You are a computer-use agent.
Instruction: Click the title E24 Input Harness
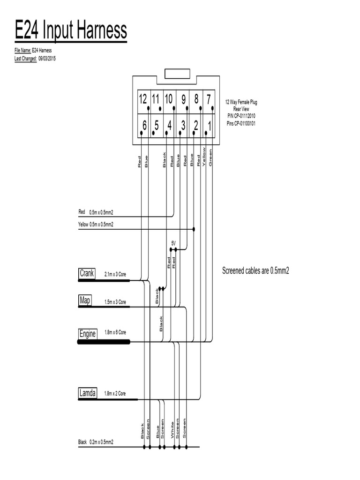pyautogui.click(x=71, y=31)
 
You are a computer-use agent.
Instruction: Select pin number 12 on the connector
pyautogui.click(x=143, y=99)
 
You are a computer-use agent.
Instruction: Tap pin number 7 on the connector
pyautogui.click(x=208, y=99)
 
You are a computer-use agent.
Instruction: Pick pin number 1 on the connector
pyautogui.click(x=209, y=126)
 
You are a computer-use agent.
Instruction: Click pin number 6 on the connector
pyautogui.click(x=144, y=126)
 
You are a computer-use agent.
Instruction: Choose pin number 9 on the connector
pyautogui.click(x=183, y=99)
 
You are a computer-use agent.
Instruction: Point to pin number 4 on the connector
pyautogui.click(x=170, y=126)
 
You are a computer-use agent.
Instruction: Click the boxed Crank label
pyautogui.click(x=87, y=273)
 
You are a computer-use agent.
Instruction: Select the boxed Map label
pyautogui.click(x=85, y=300)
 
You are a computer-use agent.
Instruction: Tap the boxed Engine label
pyautogui.click(x=88, y=334)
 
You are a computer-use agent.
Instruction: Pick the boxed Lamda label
pyautogui.click(x=88, y=394)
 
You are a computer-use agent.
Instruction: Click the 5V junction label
pyautogui.click(x=173, y=243)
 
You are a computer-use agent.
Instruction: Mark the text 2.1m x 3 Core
pyautogui.click(x=115, y=276)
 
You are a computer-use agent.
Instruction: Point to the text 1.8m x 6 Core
pyautogui.click(x=115, y=332)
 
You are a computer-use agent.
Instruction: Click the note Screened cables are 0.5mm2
pyautogui.click(x=255, y=271)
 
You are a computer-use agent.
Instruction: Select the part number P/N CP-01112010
pyautogui.click(x=241, y=116)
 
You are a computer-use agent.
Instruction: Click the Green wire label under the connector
pyautogui.click(x=211, y=157)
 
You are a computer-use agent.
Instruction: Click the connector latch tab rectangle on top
pyautogui.click(x=176, y=74)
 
